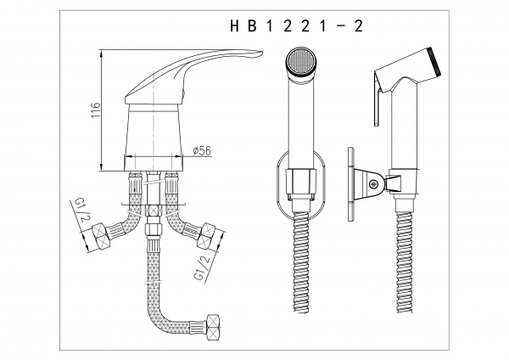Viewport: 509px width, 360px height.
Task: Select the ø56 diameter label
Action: pos(202,151)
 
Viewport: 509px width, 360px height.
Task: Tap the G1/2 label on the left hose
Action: pos(81,211)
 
